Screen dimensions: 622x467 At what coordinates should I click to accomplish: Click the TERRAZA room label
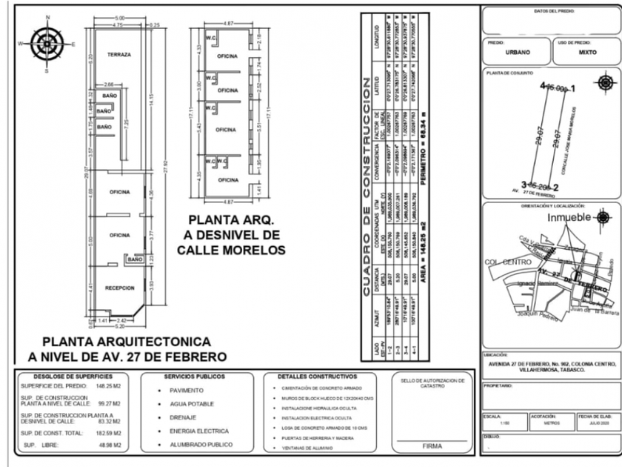(119, 56)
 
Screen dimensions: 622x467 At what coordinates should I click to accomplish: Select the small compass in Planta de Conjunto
(605, 81)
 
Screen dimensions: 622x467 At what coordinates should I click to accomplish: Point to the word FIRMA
(432, 447)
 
